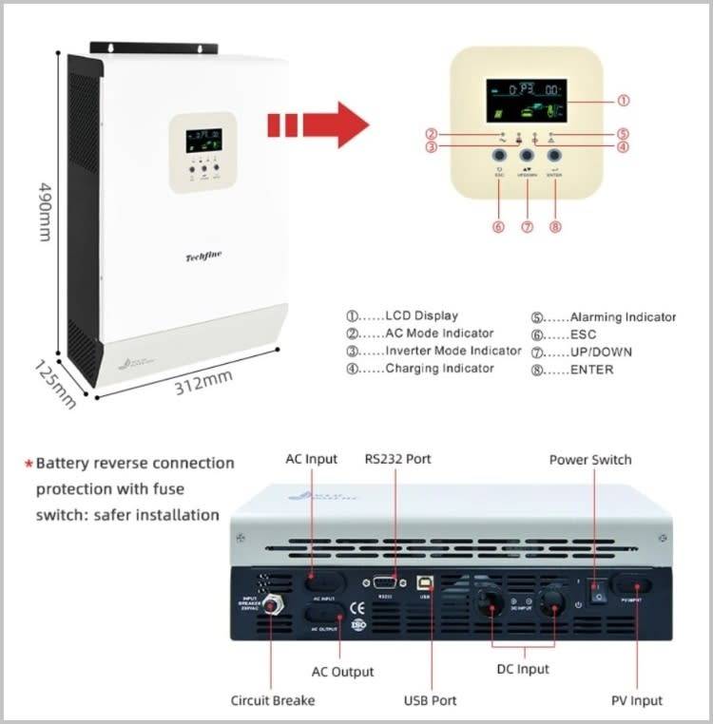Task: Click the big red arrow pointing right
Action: (323, 124)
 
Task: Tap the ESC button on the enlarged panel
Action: (499, 156)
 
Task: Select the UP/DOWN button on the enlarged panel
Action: (527, 156)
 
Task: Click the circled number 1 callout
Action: (624, 100)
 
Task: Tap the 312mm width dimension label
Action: (203, 380)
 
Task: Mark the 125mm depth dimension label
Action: (53, 384)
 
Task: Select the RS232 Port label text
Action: (397, 459)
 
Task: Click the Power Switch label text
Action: (590, 460)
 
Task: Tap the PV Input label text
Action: (636, 700)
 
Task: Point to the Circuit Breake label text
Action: (273, 700)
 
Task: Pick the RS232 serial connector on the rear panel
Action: (385, 584)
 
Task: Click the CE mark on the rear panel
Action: (358, 609)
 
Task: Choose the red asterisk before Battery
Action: (29, 464)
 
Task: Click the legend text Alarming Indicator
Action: (623, 317)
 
